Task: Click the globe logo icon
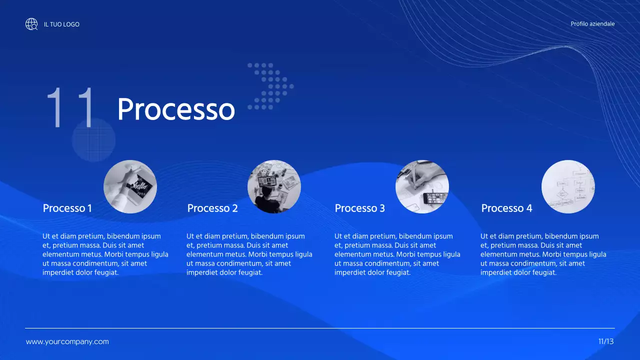pyautogui.click(x=31, y=24)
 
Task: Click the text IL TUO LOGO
pyautogui.click(x=61, y=24)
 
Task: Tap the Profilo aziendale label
pyautogui.click(x=592, y=24)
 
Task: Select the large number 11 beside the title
pyautogui.click(x=71, y=107)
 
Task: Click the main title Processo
pyautogui.click(x=176, y=108)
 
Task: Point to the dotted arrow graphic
pyautogui.click(x=270, y=86)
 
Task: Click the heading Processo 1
pyautogui.click(x=67, y=208)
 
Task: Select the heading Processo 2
pyautogui.click(x=212, y=208)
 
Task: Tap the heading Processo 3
pyautogui.click(x=360, y=208)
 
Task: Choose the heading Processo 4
pyautogui.click(x=506, y=208)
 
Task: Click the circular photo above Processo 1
pyautogui.click(x=130, y=186)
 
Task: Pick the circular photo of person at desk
pyautogui.click(x=274, y=186)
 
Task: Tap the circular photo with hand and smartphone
pyautogui.click(x=422, y=186)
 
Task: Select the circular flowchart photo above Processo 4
pyautogui.click(x=568, y=186)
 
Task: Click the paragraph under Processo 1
pyautogui.click(x=105, y=254)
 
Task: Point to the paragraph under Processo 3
pyautogui.click(x=397, y=254)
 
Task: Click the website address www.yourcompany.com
pyautogui.click(x=67, y=342)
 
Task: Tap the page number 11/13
pyautogui.click(x=606, y=342)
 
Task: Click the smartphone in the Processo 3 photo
pyautogui.click(x=435, y=198)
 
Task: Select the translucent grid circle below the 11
pyautogui.click(x=93, y=140)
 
